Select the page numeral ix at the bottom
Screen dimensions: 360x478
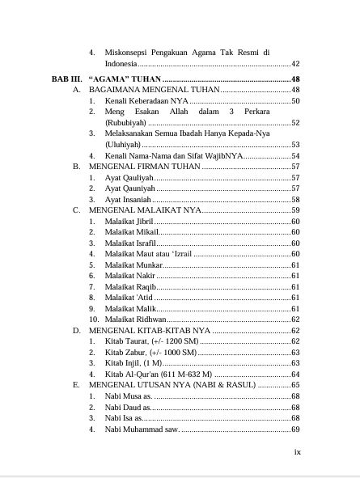(296, 452)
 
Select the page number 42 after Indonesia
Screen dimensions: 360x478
(295, 64)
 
